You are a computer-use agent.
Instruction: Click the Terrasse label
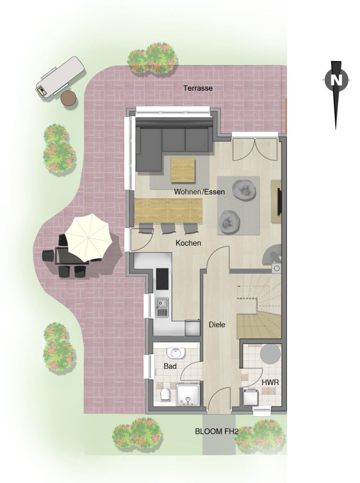coord(198,88)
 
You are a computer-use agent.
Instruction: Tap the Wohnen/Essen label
coord(199,192)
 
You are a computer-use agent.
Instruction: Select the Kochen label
coord(188,243)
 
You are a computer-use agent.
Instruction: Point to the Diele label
coord(217,325)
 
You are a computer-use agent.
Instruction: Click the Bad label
coord(170,366)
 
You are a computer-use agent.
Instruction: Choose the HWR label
coord(270,382)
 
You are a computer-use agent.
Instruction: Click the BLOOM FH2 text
coord(217,425)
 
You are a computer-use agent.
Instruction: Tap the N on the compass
coord(337,80)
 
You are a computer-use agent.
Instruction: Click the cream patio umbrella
coord(89,237)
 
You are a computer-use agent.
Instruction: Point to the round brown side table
coord(68,98)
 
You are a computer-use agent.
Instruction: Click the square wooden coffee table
coord(182,170)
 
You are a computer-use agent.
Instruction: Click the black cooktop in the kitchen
coord(162,279)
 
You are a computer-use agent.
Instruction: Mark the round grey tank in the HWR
coord(271,354)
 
